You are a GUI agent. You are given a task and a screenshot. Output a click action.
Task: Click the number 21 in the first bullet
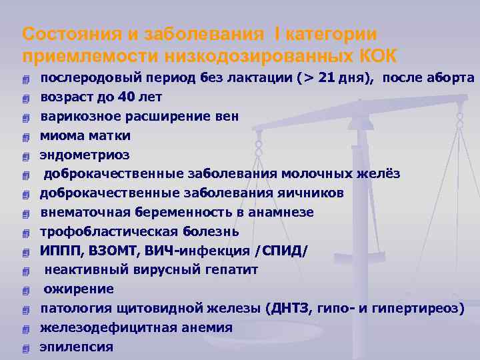(327, 78)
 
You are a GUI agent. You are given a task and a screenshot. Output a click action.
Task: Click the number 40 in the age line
(127, 97)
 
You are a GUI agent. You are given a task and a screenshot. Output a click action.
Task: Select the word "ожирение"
(79, 289)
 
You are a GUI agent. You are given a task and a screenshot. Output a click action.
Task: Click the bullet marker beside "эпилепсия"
(26, 348)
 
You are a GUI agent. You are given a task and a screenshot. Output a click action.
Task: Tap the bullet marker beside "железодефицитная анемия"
(26, 329)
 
